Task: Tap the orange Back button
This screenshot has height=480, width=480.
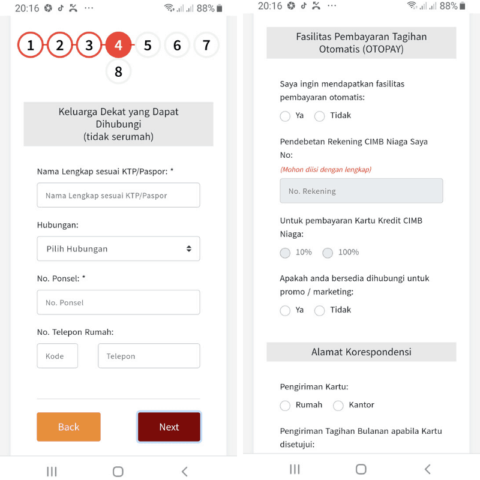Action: [68, 427]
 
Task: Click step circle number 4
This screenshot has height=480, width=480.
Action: [118, 45]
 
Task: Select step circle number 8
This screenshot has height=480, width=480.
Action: [118, 71]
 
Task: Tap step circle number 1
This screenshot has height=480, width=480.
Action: [31, 45]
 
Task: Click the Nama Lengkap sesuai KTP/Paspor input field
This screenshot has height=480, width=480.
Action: [118, 195]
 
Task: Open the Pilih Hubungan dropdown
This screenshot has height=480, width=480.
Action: [118, 248]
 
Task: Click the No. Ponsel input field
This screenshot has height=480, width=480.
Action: [118, 302]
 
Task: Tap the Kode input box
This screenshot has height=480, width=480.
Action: [57, 356]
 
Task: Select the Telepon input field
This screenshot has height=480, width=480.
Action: [149, 356]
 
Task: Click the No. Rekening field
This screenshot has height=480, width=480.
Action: [361, 191]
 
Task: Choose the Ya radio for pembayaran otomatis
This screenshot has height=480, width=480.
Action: [285, 116]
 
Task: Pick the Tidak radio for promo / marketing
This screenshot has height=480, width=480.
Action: [320, 310]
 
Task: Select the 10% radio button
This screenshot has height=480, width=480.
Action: [285, 253]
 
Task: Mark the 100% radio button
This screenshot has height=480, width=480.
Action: [328, 253]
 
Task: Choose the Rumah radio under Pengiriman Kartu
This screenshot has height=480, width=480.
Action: [285, 406]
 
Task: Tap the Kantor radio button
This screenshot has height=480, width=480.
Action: [338, 406]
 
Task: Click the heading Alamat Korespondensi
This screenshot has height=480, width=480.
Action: [361, 352]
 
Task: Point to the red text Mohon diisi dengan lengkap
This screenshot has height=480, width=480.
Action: [326, 169]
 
